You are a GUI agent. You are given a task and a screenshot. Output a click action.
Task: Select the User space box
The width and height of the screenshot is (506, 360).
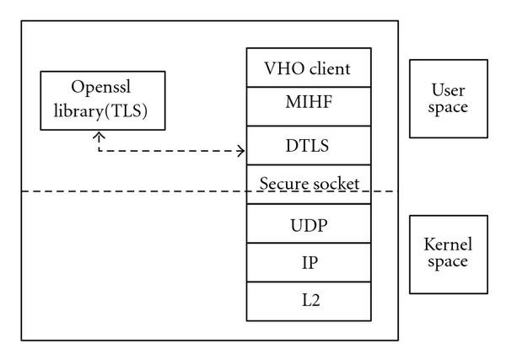coord(448,98)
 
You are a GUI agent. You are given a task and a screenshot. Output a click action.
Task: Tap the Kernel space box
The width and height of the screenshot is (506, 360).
coord(448,253)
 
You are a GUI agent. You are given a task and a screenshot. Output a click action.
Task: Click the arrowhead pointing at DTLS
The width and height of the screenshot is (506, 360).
coord(242,152)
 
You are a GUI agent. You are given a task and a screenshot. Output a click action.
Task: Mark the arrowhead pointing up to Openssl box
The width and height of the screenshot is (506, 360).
coord(100,133)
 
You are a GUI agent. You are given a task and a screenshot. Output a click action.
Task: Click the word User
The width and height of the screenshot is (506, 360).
coord(449,89)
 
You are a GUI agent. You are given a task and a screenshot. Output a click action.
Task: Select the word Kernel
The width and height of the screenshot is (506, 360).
coord(449,244)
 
